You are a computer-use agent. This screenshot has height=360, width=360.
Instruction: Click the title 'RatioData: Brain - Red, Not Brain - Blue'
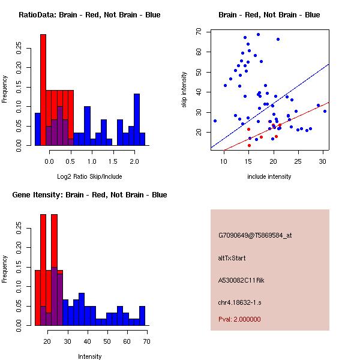pos(89,15)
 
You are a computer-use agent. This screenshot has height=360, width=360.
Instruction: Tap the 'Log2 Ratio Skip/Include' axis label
pos(89,176)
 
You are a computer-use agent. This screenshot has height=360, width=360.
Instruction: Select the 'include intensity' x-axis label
pos(269,176)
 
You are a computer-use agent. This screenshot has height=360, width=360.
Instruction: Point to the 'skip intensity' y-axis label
pos(184,89)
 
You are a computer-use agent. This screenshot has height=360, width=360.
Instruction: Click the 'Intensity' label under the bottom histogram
pos(90,356)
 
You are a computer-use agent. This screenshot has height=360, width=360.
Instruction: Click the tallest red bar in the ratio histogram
pos(43,90)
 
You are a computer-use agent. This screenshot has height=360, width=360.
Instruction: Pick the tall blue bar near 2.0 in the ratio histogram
pos(137,119)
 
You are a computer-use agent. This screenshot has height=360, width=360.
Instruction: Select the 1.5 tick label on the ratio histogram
pos(113,161)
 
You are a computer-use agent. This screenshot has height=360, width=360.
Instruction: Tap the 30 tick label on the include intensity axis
pos(323,161)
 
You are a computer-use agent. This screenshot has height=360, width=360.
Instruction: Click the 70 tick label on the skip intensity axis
pos(199,31)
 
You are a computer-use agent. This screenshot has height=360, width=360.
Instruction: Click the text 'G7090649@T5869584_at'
pos(255,235)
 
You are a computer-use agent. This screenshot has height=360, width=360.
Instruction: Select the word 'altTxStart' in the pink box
pos(232,258)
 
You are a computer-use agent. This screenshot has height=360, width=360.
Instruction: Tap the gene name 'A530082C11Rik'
pos(241,280)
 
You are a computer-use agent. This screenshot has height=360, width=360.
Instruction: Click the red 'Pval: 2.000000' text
pos(239,319)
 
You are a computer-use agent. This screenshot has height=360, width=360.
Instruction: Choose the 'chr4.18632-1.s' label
pos(239,302)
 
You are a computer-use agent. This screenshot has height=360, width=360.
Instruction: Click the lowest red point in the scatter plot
pos(250,145)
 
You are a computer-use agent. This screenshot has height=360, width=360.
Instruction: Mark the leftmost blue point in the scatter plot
pos(215,121)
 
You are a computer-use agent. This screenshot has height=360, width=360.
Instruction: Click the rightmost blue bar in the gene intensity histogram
pos(142,316)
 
